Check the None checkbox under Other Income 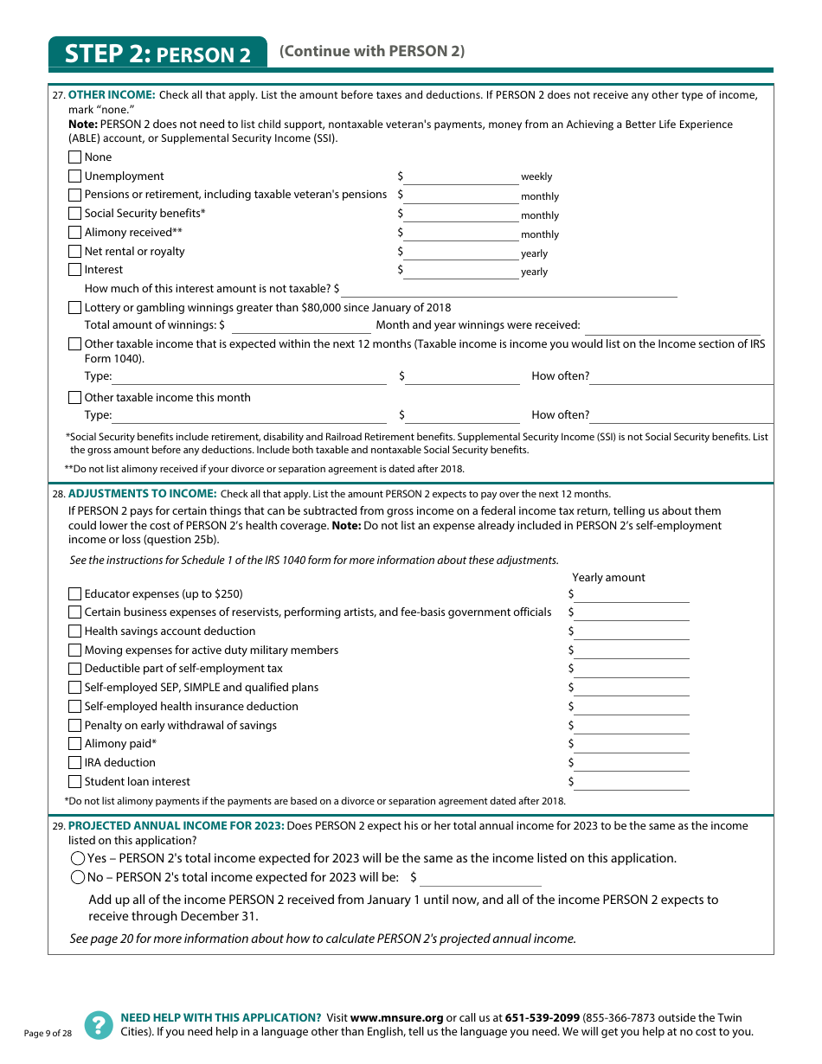[74, 157]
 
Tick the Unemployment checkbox [74, 176]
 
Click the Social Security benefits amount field [460, 214]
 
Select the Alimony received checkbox [74, 233]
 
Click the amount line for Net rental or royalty [460, 252]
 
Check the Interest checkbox [74, 270]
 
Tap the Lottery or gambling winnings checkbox [74, 308]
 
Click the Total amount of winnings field [300, 326]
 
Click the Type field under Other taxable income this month [249, 415]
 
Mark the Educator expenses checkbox [74, 594]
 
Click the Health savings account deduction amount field [632, 631]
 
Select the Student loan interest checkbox [74, 782]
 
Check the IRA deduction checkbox [74, 763]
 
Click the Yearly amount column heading [608, 578]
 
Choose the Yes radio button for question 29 [78, 859]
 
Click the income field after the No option [480, 878]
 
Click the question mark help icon [99, 1025]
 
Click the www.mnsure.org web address [396, 1018]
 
